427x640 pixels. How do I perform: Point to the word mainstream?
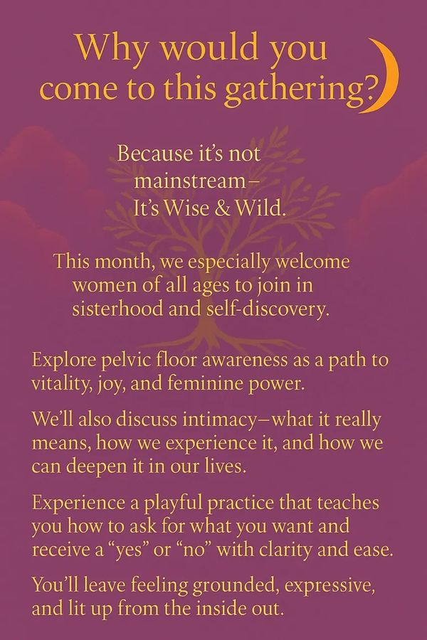190,181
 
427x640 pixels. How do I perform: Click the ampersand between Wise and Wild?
222,208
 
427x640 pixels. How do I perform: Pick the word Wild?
260,208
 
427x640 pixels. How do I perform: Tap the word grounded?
236,586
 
